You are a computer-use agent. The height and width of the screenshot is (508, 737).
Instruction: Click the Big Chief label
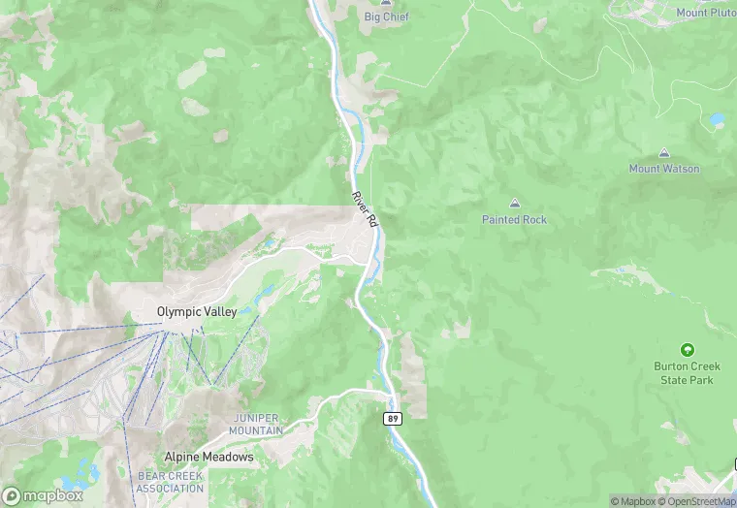click(386, 16)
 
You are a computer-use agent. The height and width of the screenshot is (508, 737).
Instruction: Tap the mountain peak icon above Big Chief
click(386, 3)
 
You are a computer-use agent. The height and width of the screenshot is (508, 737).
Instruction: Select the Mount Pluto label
click(707, 13)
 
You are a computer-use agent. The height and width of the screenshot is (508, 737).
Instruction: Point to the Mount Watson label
click(664, 169)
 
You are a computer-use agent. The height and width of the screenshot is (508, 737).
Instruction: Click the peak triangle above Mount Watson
click(664, 153)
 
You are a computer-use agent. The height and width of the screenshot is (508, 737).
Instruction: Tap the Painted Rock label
click(514, 219)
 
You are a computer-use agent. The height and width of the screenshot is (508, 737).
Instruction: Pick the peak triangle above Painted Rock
click(514, 204)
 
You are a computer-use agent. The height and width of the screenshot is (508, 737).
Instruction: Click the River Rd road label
click(364, 209)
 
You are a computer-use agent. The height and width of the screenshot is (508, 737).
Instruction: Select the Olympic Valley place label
click(197, 311)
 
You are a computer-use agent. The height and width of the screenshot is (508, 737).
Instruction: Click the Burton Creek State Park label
click(688, 373)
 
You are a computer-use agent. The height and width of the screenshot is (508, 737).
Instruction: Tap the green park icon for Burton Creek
click(688, 350)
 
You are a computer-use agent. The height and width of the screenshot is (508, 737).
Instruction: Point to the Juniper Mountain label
click(257, 424)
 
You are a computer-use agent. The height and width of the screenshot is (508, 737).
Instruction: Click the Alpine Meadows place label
click(208, 457)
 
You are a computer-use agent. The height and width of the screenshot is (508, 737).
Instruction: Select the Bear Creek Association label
click(170, 482)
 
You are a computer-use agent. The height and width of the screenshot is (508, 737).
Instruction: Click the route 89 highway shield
click(392, 419)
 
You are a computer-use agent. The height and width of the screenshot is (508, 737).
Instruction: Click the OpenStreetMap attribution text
click(695, 501)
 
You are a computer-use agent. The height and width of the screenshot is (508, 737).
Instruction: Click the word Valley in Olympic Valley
click(219, 311)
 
